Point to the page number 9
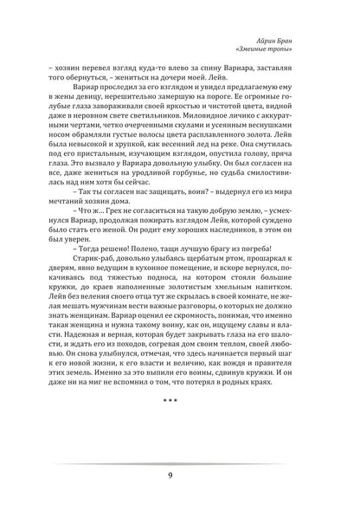click(x=180, y=473)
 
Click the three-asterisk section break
click(x=180, y=427)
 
